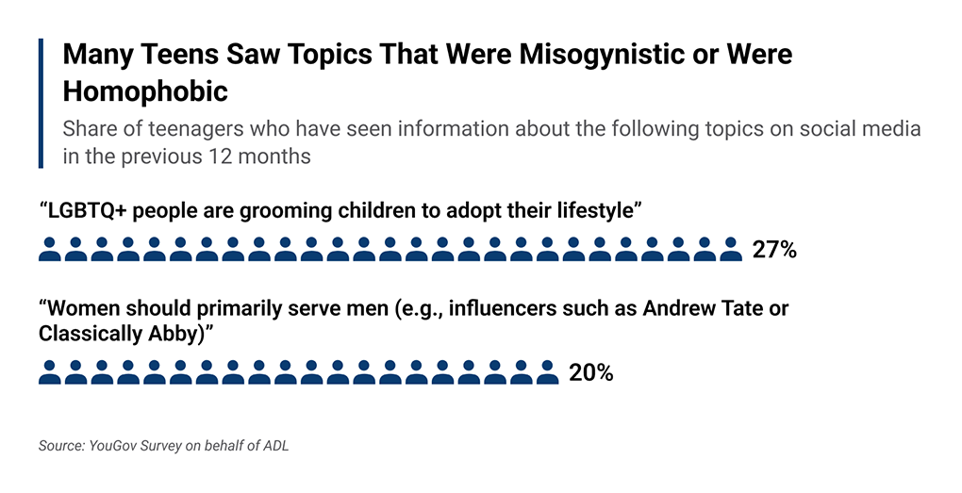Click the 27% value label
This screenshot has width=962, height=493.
coord(774,250)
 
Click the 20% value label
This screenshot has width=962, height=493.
coord(591,372)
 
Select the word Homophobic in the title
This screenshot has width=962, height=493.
coord(145,90)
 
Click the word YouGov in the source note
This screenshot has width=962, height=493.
coord(115,446)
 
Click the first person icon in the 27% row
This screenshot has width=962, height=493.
coord(50,250)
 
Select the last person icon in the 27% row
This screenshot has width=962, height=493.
coord(730,250)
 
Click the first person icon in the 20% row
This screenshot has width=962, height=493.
coord(50,372)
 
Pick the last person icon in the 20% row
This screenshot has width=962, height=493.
coord(547,372)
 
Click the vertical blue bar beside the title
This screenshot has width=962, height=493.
coord(41,104)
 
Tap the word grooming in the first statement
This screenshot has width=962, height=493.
coord(274,209)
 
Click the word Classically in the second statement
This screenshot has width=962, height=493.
coord(88,333)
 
